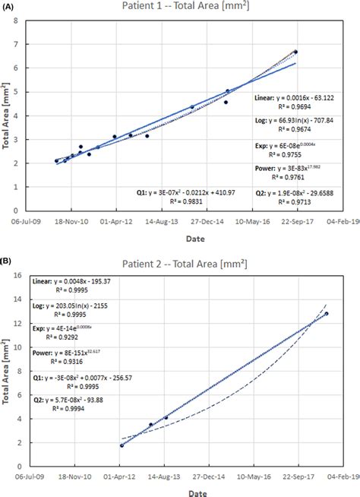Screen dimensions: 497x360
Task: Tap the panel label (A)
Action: click(x=9, y=5)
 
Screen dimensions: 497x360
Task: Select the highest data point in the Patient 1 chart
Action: click(x=295, y=52)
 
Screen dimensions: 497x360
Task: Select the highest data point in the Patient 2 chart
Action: click(x=327, y=313)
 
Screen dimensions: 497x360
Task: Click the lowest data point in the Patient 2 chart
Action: click(x=122, y=445)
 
